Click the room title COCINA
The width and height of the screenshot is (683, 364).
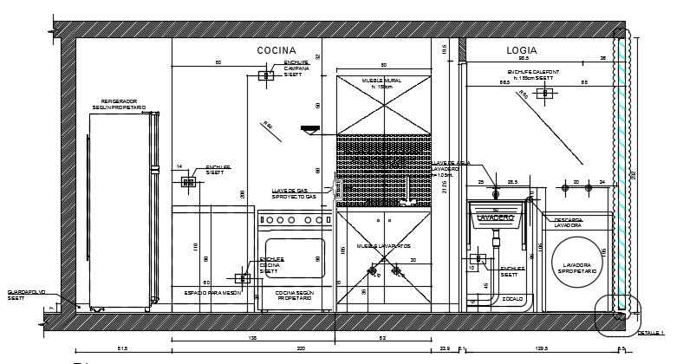click(276, 51)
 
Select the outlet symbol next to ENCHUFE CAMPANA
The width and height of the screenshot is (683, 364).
click(264, 76)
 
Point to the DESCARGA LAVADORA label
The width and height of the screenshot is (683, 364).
click(569, 224)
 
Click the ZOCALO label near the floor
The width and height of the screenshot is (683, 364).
click(503, 298)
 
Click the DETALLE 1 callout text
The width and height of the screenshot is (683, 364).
click(650, 332)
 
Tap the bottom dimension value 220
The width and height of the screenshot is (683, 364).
click(302, 348)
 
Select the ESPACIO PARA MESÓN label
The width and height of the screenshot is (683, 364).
click(211, 294)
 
